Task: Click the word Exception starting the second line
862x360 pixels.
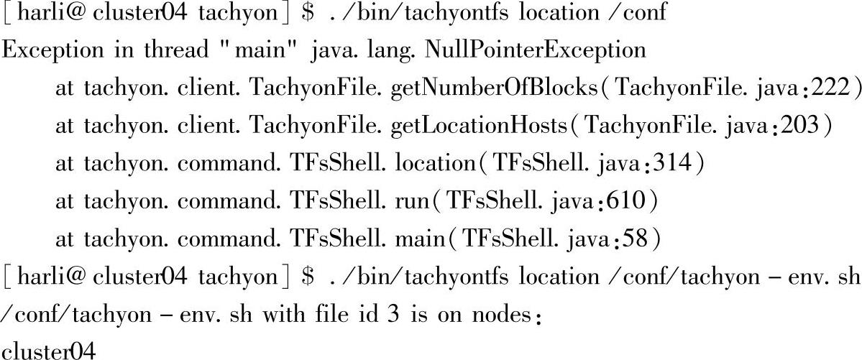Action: (53, 50)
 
